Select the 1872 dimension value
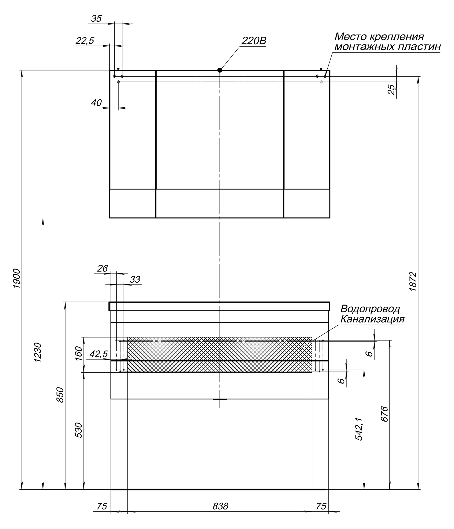click(413, 282)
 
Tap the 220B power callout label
click(254, 41)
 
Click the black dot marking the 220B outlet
click(220, 70)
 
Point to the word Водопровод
click(370, 309)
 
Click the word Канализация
click(372, 319)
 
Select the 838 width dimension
click(220, 506)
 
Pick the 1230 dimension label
click(38, 352)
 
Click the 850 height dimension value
click(60, 395)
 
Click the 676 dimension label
click(384, 414)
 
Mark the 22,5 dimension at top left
click(85, 41)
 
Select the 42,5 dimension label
click(98, 354)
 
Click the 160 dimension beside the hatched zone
click(79, 353)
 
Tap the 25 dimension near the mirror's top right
click(391, 90)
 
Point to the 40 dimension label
click(96, 103)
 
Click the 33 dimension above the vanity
click(135, 280)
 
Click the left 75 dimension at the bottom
click(102, 506)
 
